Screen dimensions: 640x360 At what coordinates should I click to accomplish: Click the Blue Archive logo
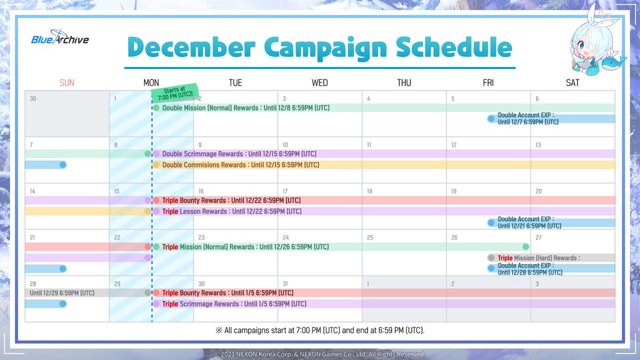pos(60,37)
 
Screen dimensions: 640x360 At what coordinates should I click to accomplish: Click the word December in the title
pos(191,47)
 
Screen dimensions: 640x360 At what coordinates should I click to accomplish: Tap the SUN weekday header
pos(67,83)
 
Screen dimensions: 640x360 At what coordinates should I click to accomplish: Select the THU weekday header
pos(404,83)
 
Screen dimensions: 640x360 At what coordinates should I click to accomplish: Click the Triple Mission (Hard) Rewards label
pos(539,258)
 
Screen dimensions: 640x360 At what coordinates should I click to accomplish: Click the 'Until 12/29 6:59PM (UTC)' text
pos(62,293)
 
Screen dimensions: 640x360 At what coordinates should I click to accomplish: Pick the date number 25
pos(370,237)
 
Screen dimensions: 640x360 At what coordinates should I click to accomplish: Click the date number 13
pos(538,145)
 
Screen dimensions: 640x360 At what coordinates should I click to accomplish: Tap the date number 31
pos(285,284)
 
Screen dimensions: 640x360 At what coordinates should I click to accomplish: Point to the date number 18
pos(370,191)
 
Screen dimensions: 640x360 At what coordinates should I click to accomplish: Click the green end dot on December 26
pos(525,246)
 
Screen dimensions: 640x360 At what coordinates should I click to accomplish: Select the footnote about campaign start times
pos(320,331)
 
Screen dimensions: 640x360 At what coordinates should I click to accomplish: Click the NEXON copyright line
pos(319,354)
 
